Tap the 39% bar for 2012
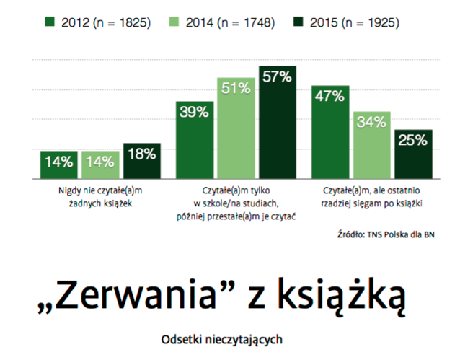coord(195,141)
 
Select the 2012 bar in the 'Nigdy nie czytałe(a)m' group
coord(59,166)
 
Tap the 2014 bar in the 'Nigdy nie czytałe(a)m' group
coord(100,166)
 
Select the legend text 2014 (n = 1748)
coord(231,22)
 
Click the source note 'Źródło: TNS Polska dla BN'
coord(388,234)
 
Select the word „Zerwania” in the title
coord(119,295)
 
